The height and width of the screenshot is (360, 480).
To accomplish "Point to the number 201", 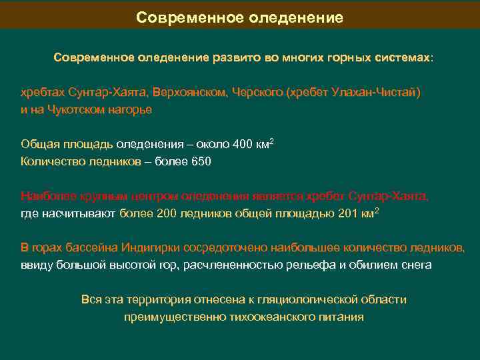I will coord(342,213).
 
